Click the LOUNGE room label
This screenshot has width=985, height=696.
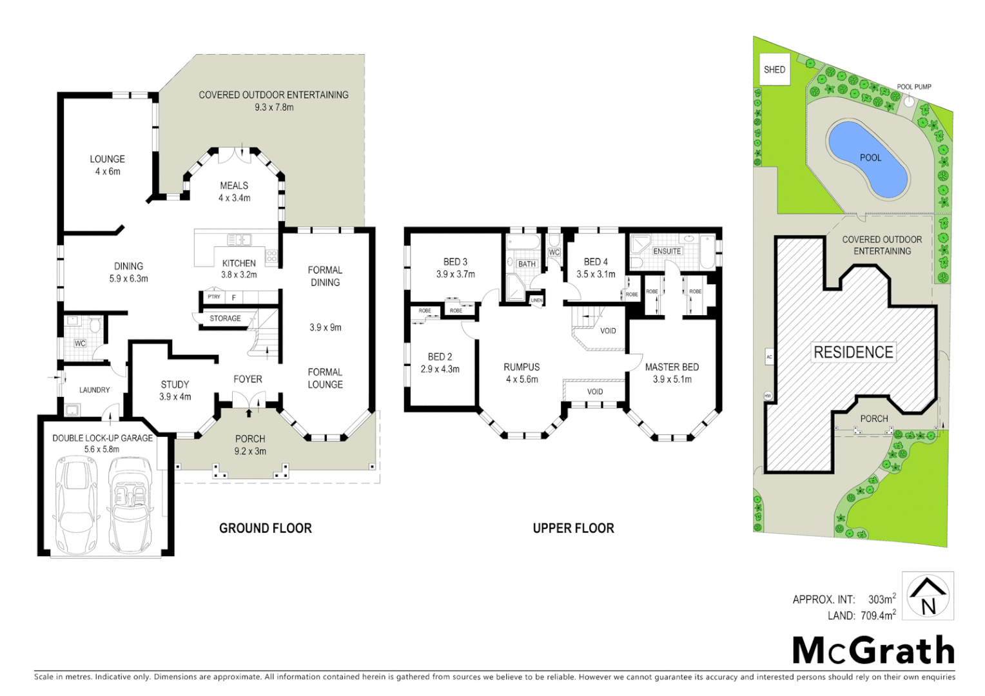(107, 159)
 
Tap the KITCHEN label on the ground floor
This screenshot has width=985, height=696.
(239, 263)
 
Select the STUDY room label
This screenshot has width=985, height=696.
(175, 385)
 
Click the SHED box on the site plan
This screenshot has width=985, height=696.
(774, 70)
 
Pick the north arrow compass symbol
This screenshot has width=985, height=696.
(928, 596)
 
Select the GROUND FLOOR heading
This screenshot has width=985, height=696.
(265, 528)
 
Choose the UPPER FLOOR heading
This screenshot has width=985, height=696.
(573, 528)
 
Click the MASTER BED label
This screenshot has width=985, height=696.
(672, 367)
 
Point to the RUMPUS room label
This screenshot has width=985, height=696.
(522, 367)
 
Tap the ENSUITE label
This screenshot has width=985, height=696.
(667, 251)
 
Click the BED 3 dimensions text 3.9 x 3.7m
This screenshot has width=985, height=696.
(455, 274)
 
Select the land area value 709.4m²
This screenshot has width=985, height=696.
(878, 616)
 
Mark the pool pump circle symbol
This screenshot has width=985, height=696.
(908, 101)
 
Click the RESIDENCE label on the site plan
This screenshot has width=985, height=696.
(853, 352)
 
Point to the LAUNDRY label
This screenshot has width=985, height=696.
(94, 390)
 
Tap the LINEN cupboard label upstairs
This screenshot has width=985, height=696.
(536, 300)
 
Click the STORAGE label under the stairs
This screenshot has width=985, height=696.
(225, 318)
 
